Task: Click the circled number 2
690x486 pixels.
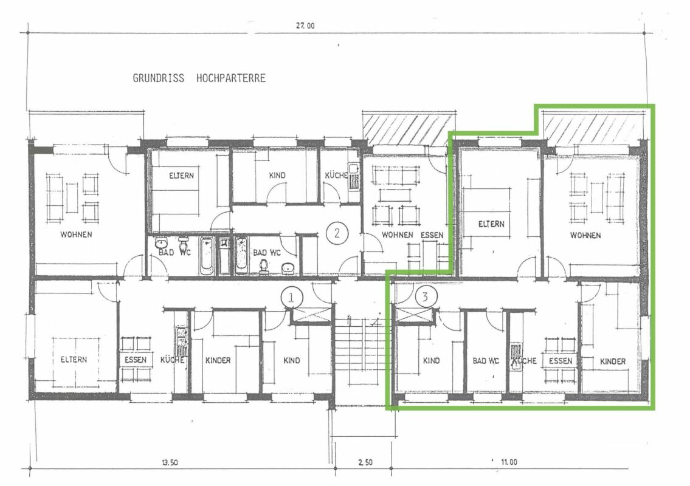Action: point(337,233)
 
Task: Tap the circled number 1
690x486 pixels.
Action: point(291,298)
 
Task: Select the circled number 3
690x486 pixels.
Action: point(425,297)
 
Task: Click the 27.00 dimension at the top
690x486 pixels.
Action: point(305,26)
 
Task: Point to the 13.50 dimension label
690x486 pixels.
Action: point(170,463)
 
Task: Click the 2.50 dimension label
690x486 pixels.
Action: point(365,462)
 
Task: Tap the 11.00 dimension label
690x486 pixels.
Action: point(509,462)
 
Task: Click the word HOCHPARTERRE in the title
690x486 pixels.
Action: point(231,78)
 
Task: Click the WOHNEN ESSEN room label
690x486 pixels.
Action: point(412,235)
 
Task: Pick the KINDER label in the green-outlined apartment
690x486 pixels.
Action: point(613,361)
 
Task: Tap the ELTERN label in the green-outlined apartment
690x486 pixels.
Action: point(491,224)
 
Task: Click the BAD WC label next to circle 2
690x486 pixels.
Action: point(267,253)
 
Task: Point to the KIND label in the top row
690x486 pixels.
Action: point(277,176)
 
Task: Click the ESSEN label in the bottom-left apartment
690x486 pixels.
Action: point(136,360)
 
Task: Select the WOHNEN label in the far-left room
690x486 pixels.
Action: point(76,235)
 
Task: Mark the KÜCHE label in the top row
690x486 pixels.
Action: point(336,176)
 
